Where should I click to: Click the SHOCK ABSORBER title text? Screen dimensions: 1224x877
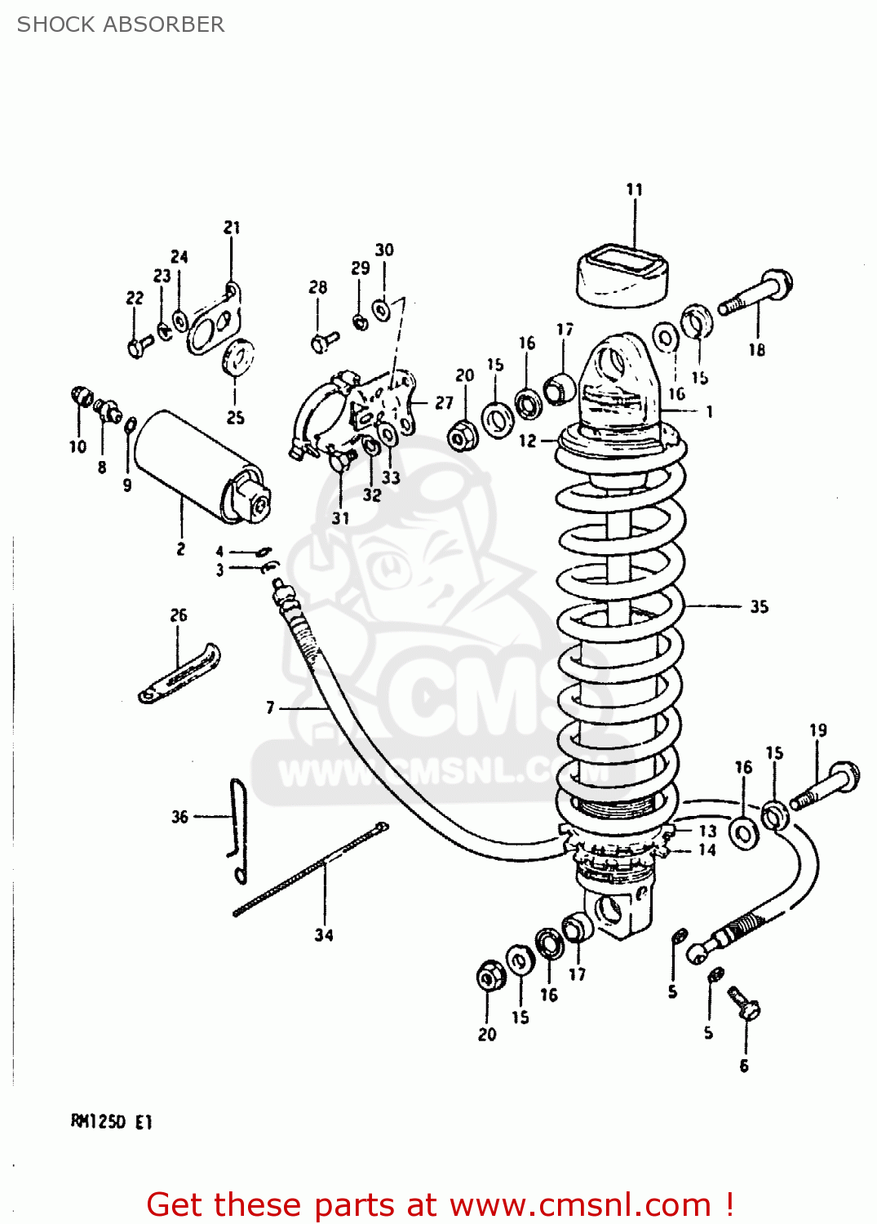(x=121, y=24)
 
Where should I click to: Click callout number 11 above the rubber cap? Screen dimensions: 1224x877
(x=634, y=189)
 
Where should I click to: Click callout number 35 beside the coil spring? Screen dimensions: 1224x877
(x=759, y=607)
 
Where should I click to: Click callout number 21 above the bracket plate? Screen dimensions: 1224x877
(x=232, y=228)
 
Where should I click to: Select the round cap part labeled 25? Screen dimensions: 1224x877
(x=238, y=357)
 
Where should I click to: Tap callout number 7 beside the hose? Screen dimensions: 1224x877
(x=270, y=707)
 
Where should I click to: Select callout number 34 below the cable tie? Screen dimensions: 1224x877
(x=324, y=935)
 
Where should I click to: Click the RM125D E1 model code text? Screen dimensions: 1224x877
(x=112, y=1122)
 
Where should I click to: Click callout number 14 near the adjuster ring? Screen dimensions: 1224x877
(x=706, y=850)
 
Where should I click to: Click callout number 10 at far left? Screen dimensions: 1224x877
(x=78, y=447)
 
